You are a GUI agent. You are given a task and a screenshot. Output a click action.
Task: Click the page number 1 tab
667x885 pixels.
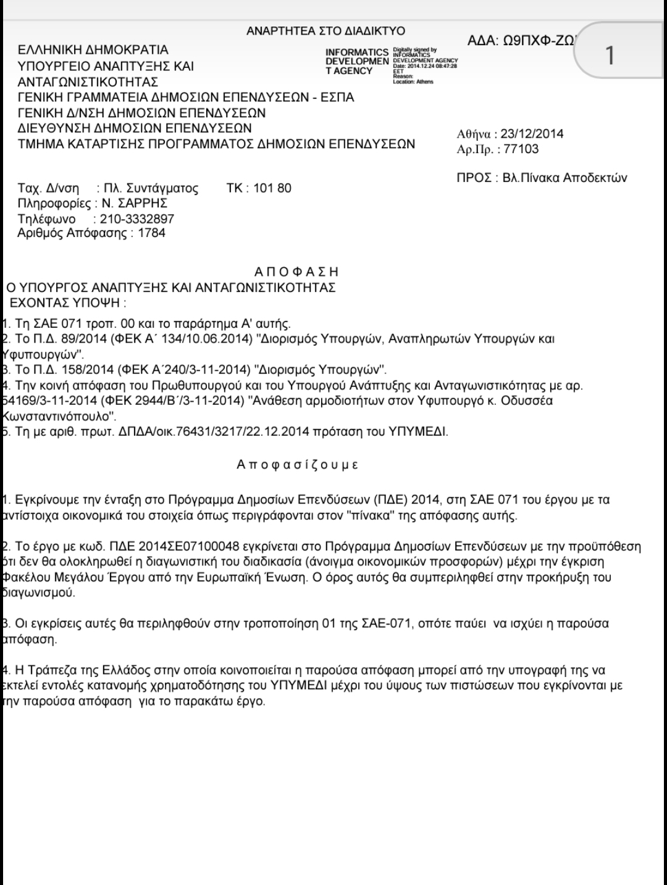click(x=610, y=56)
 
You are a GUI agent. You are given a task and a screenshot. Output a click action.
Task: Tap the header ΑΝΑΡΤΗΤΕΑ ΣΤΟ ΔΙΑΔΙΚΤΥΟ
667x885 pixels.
click(x=325, y=31)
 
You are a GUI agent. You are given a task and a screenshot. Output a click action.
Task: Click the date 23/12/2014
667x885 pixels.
click(x=532, y=134)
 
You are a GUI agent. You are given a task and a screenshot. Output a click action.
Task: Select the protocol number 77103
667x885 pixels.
click(x=521, y=149)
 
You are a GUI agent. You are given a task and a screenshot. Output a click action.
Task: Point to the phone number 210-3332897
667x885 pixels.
click(x=133, y=218)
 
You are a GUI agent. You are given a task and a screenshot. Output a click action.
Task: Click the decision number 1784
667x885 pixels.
click(x=151, y=233)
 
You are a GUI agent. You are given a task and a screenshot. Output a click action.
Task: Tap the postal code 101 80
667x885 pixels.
click(x=272, y=188)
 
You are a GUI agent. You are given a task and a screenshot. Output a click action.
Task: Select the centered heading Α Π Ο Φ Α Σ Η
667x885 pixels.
click(x=296, y=272)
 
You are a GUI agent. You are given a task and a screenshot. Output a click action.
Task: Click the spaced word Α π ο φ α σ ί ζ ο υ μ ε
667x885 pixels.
click(x=297, y=465)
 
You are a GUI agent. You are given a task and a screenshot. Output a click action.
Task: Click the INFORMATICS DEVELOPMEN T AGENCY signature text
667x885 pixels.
click(x=357, y=61)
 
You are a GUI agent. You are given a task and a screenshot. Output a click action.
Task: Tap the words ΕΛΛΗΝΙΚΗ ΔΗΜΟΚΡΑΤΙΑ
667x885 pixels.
click(x=93, y=50)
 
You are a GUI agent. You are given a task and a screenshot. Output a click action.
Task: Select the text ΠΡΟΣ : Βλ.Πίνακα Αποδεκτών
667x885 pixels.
click(x=542, y=178)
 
